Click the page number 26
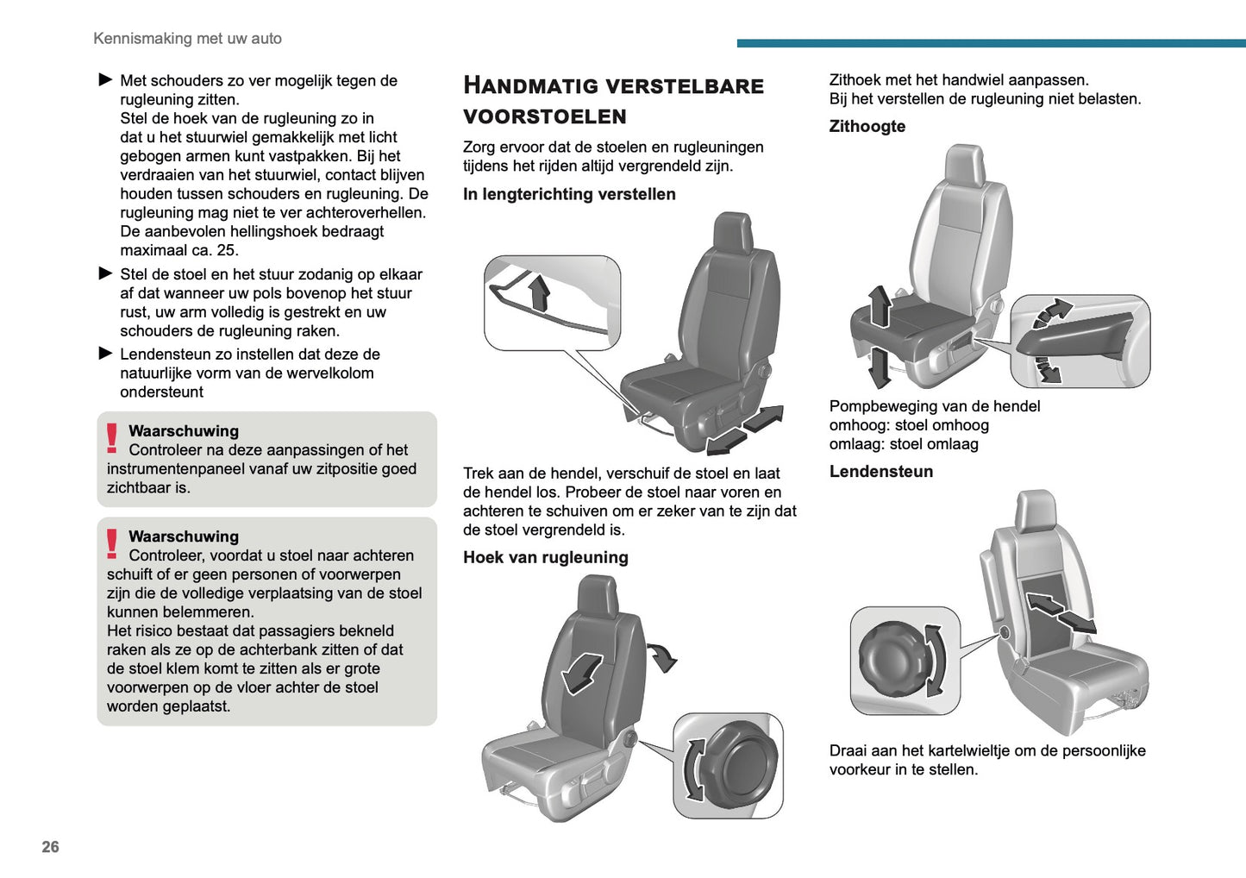[x=51, y=847]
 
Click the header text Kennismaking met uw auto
[x=187, y=39]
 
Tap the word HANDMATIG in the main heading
[x=529, y=85]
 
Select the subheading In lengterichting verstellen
[x=569, y=194]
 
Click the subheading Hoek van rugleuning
[x=545, y=557]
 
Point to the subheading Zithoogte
[x=867, y=126]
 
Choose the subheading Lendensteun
[x=880, y=471]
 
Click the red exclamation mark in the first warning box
[x=112, y=439]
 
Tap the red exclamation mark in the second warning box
[x=112, y=544]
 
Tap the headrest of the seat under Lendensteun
[x=1035, y=511]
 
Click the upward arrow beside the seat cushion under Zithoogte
[x=880, y=306]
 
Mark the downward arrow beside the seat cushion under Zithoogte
[x=880, y=367]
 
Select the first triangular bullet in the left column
[x=106, y=80]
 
